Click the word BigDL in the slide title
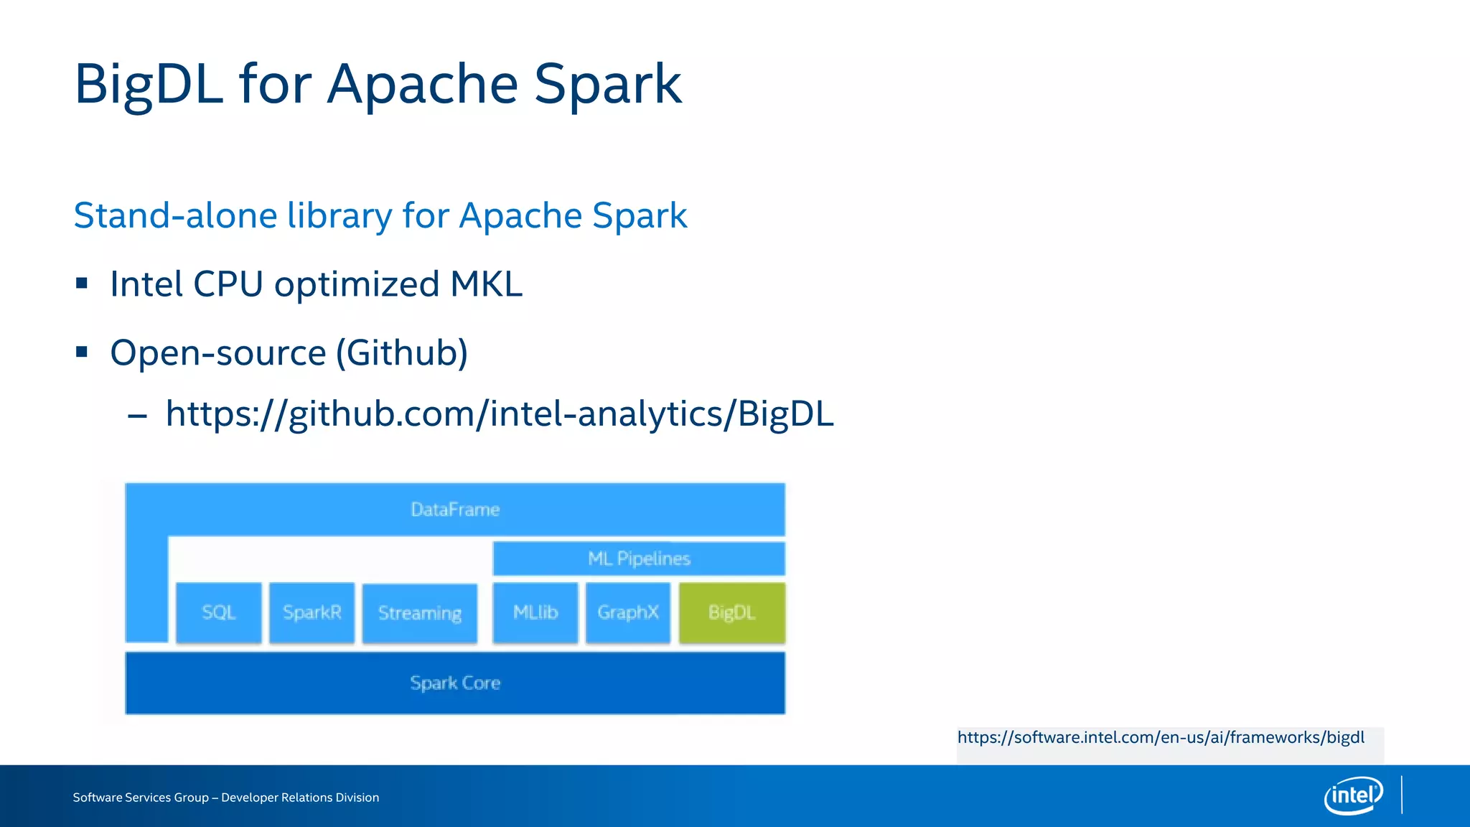tap(149, 85)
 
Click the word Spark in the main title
tap(607, 85)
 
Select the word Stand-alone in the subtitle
tap(175, 215)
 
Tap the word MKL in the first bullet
tap(486, 284)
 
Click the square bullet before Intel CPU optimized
tap(82, 284)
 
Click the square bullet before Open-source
tap(82, 352)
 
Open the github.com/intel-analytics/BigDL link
tap(500, 414)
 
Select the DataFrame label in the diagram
tap(455, 510)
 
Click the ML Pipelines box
tap(639, 559)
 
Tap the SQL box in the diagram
tap(219, 612)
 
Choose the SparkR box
tap(312, 612)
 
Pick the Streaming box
tap(420, 613)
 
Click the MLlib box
tap(535, 612)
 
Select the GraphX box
tap(628, 612)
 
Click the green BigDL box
tap(731, 612)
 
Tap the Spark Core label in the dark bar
tap(455, 683)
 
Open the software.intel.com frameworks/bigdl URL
tap(1161, 737)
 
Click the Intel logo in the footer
tap(1353, 795)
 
